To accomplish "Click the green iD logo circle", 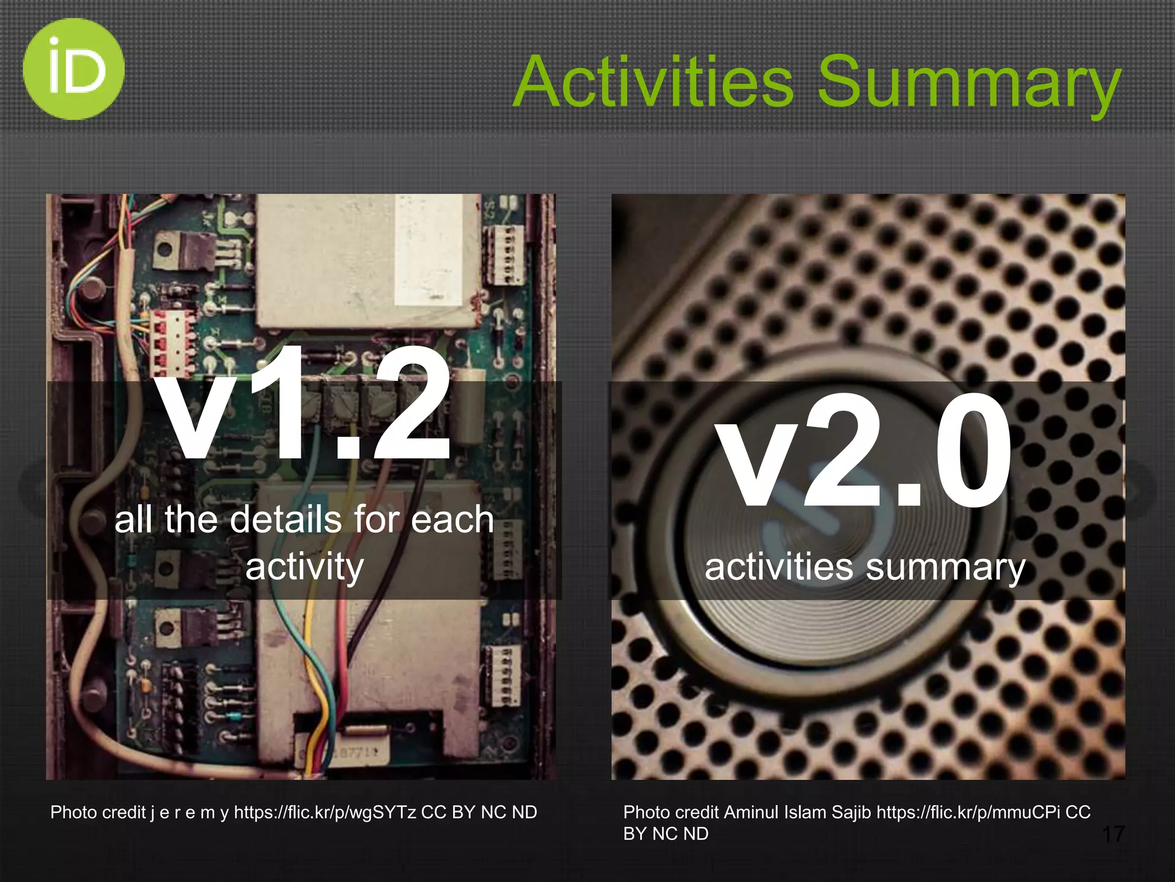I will [73, 69].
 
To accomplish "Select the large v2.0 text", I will [864, 451].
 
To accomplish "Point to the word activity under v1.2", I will [305, 567].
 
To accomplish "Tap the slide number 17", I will [1113, 834].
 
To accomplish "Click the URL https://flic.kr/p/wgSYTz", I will [325, 813].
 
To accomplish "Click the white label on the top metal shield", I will [436, 250].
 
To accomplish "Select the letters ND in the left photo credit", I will [524, 813].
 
